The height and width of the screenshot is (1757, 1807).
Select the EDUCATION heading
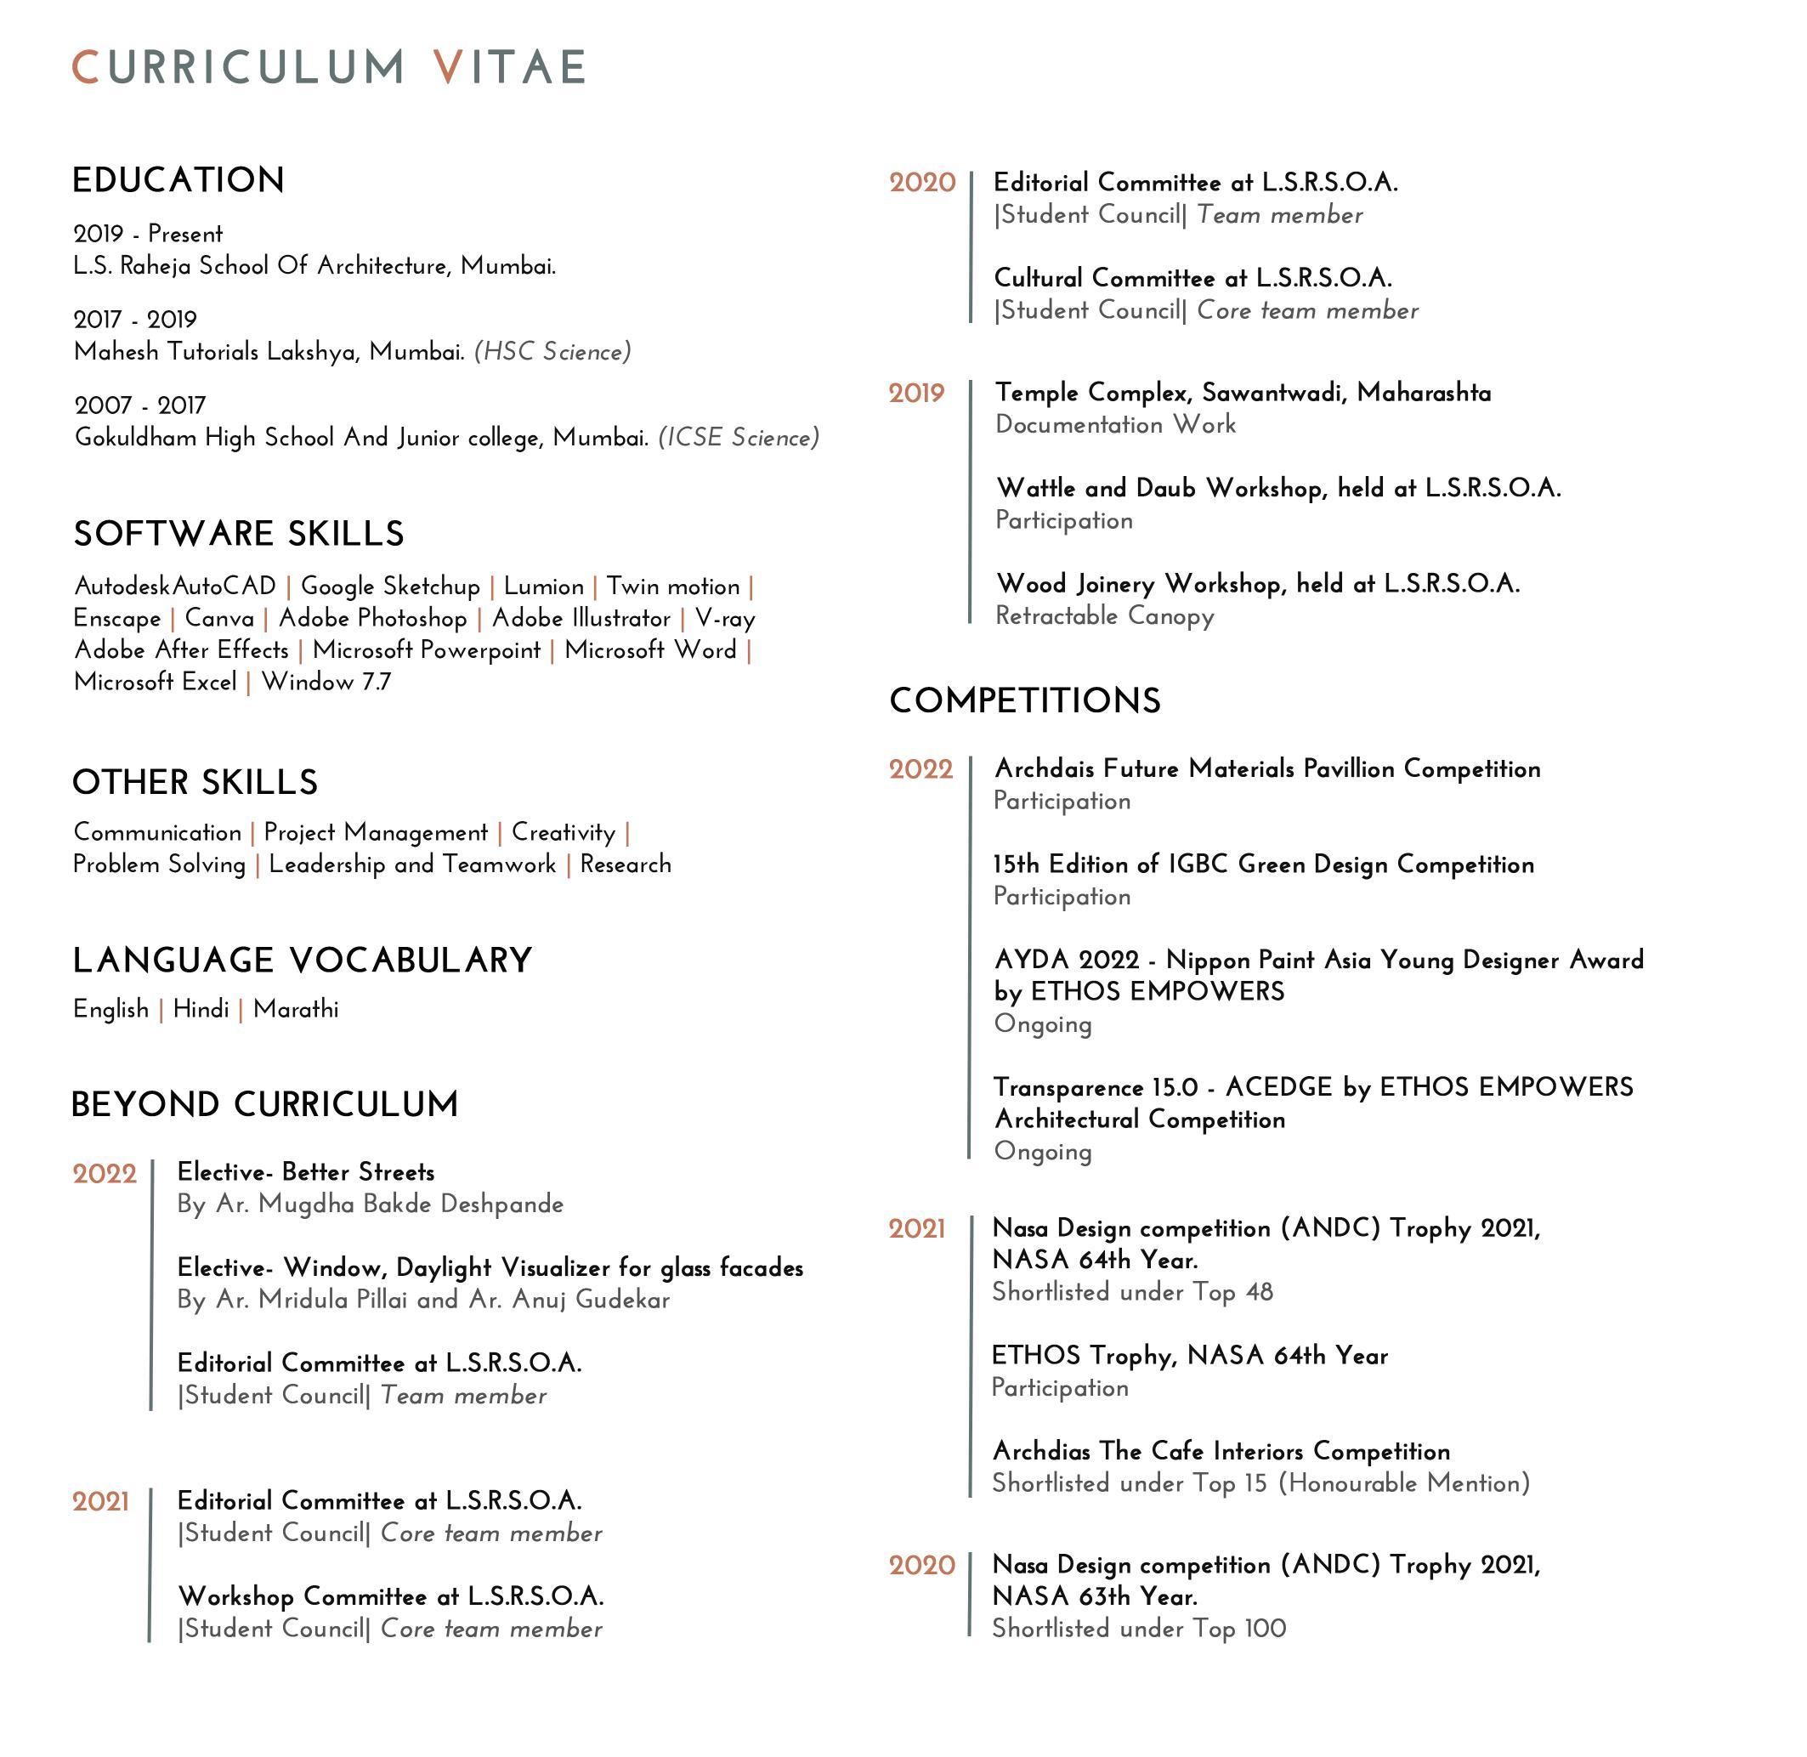coord(178,180)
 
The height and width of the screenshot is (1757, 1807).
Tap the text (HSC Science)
coord(552,352)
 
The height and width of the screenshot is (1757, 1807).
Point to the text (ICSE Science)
coord(739,438)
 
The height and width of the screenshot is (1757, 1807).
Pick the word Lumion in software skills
coord(544,587)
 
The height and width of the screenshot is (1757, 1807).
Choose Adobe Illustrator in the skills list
coord(581,618)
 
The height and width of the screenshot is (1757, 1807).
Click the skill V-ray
coord(724,618)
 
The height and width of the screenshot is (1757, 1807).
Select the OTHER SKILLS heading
coord(195,783)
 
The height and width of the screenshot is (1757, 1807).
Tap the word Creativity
coord(563,832)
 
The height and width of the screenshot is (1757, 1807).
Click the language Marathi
coord(295,1010)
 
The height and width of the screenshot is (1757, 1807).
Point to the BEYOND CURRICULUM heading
coord(265,1104)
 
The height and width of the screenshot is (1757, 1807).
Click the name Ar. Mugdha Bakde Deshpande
coord(388,1204)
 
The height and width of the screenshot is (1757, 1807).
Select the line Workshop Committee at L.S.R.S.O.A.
coord(390,1595)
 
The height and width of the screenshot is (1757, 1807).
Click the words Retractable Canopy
coord(1104,615)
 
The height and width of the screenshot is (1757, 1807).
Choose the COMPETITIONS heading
coord(1024,700)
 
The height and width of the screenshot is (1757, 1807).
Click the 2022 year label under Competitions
coord(920,769)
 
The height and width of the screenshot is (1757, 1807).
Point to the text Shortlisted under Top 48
coord(1132,1292)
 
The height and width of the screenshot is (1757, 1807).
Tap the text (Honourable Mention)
coord(1404,1484)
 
